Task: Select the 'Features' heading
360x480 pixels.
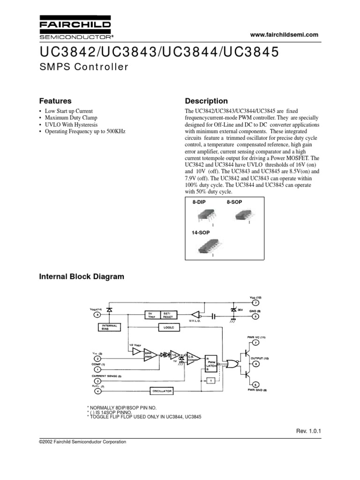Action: (55, 101)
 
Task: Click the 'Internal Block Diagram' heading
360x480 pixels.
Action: (81, 277)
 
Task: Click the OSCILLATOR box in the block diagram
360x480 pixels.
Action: (162, 390)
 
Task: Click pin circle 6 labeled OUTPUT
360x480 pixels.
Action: (256, 364)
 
